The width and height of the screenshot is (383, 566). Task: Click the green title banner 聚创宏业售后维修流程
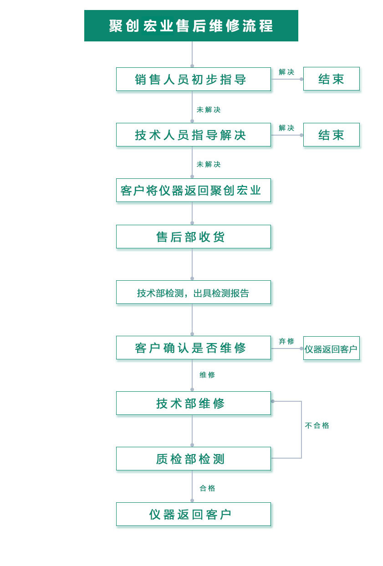point(191,25)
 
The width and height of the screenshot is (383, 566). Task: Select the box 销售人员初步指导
point(193,79)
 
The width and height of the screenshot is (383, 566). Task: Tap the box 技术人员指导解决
point(193,135)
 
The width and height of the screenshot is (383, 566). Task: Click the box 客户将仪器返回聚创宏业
point(193,190)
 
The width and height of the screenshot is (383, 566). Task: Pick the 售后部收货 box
point(193,237)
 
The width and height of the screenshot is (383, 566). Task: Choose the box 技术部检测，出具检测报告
point(193,293)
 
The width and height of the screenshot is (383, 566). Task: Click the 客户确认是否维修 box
point(193,348)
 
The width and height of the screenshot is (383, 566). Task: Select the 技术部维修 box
point(193,403)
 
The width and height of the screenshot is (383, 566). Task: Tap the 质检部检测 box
point(193,459)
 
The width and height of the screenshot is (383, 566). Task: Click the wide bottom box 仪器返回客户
point(193,514)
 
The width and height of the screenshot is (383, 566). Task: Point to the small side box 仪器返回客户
point(331,349)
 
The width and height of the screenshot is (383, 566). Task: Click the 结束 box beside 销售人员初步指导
point(331,79)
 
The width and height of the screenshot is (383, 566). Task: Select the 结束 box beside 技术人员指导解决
point(331,135)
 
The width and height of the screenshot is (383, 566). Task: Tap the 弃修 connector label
point(286,341)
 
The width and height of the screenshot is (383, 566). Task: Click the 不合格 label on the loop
point(317,425)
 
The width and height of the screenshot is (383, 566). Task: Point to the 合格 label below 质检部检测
point(207,488)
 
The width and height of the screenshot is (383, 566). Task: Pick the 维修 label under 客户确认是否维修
point(207,375)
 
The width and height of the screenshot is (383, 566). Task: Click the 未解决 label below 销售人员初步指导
point(209,110)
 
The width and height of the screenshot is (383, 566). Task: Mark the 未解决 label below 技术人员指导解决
point(209,164)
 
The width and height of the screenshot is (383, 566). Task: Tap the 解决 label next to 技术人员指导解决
point(286,128)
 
